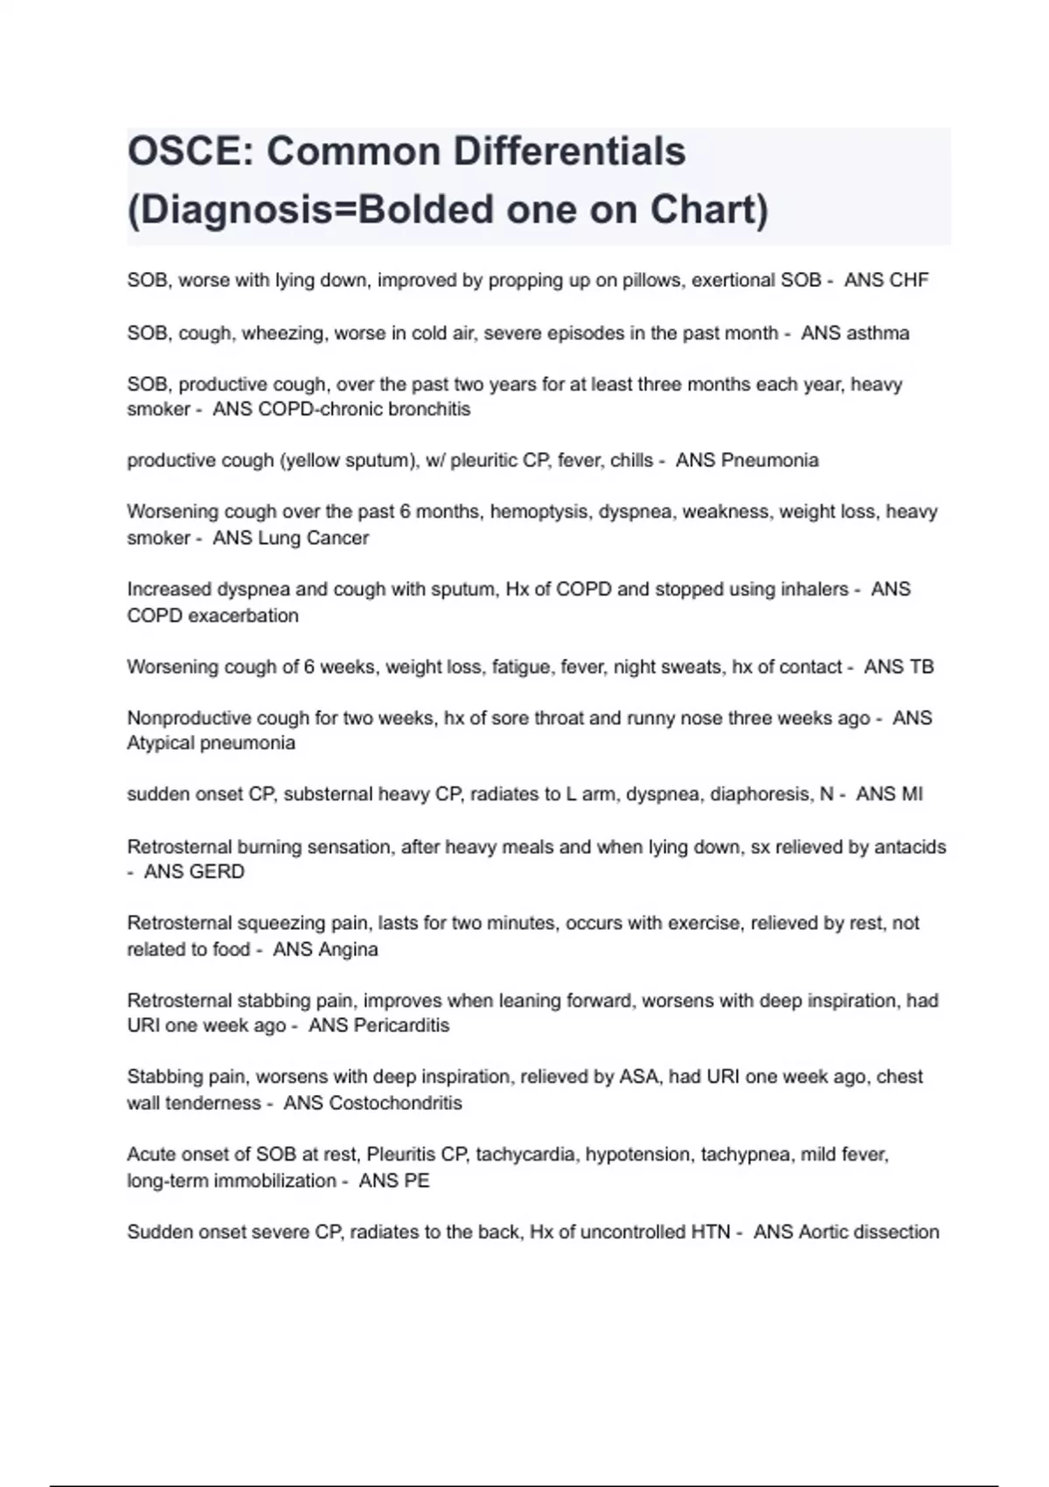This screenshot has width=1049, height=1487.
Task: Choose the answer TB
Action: [x=921, y=667]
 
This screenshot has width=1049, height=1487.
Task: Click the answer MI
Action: [x=912, y=794]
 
